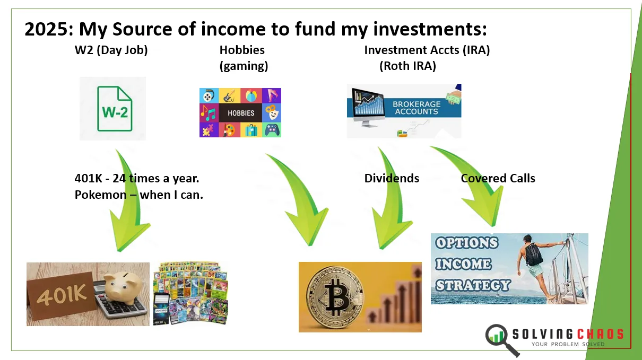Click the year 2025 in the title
49,29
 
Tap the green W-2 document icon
115,109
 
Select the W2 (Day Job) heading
111,50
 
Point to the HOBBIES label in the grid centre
241,113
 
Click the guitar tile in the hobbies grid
230,95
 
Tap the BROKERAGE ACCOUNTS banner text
417,108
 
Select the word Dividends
392,179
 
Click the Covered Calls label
498,179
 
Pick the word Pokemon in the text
100,195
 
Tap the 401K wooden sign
62,295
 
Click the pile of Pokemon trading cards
190,293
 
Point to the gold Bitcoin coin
334,298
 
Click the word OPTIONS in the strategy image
466,243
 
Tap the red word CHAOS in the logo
600,334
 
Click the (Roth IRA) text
407,66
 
